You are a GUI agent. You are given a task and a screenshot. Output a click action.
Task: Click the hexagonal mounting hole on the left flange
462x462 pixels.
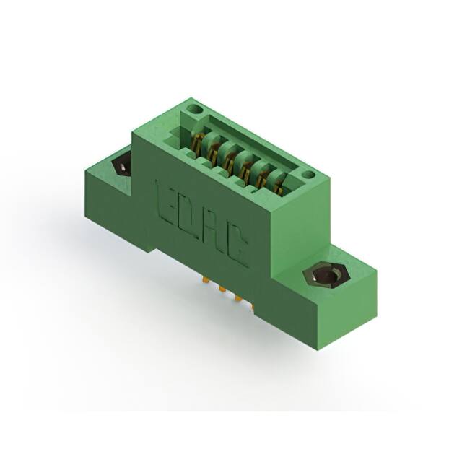coord(122,167)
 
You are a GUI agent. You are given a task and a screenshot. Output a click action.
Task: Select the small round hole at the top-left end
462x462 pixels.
coord(193,110)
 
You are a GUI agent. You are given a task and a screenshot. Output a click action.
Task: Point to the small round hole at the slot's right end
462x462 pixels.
coord(309,174)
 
